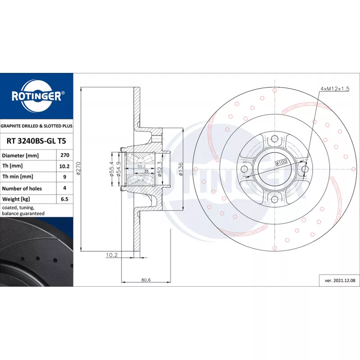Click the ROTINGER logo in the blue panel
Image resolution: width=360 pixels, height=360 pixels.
[x=37, y=96]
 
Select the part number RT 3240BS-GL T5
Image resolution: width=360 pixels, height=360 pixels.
[x=36, y=141]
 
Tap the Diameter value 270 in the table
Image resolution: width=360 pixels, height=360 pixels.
[x=65, y=155]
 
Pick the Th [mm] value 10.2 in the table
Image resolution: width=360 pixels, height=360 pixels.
[x=64, y=166]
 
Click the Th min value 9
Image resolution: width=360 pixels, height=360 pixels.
[x=65, y=177]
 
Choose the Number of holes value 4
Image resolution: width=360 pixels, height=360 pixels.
[x=65, y=188]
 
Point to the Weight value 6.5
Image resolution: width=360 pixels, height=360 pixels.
[x=64, y=199]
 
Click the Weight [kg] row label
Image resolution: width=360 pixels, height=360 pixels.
[x=16, y=199]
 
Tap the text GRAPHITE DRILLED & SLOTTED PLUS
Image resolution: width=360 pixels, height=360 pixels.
[x=36, y=126]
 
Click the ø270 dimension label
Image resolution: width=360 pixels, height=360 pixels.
[x=78, y=168]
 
